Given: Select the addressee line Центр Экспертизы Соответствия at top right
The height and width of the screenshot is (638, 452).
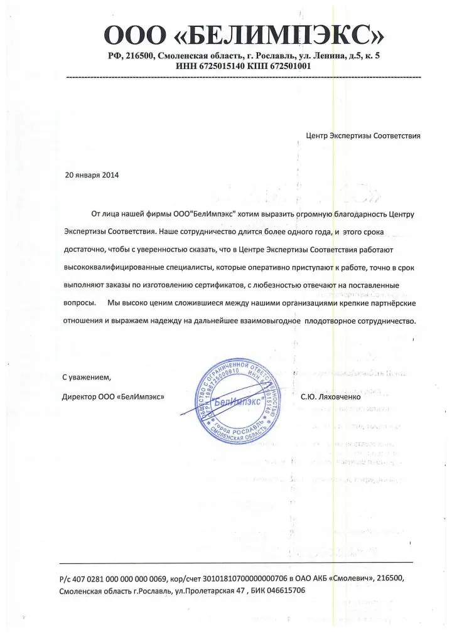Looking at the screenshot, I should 362,135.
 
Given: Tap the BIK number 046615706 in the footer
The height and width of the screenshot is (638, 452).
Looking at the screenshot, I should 282,590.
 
